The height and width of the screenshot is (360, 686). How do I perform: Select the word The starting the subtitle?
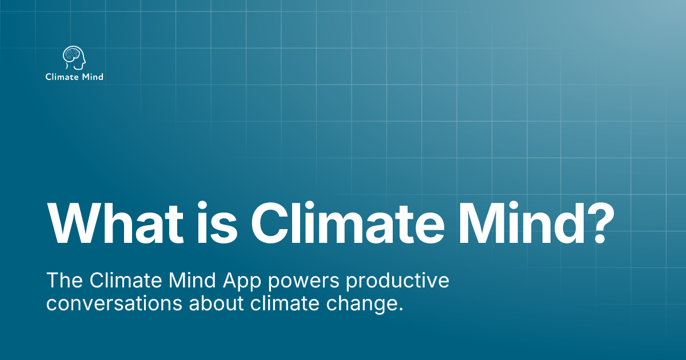point(64,281)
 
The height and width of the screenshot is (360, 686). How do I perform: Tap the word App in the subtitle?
point(234,281)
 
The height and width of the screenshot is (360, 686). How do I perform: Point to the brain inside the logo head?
point(72,55)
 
